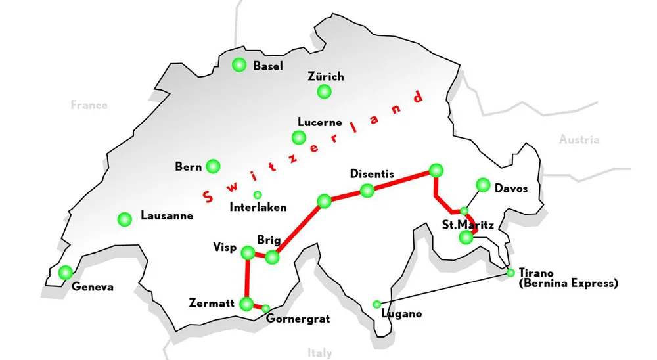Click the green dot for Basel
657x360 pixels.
click(x=239, y=65)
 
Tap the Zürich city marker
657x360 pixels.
click(x=323, y=92)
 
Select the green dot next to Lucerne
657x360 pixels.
click(x=299, y=137)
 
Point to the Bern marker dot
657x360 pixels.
click(x=213, y=166)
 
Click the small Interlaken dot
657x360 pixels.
click(x=258, y=194)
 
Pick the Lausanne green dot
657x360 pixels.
click(x=124, y=219)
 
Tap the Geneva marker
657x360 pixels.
click(x=65, y=272)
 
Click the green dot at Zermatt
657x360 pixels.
click(x=247, y=304)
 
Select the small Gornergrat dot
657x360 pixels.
click(x=266, y=308)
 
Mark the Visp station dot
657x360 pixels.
click(x=248, y=252)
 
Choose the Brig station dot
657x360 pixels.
click(x=271, y=258)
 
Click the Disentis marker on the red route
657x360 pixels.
click(x=367, y=191)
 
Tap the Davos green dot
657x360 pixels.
click(x=483, y=185)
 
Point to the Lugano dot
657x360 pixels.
click(x=376, y=304)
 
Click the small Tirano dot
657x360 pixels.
click(x=511, y=273)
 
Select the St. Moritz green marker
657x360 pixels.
click(x=466, y=237)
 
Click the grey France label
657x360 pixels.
click(x=89, y=105)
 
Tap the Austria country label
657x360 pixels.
click(x=579, y=139)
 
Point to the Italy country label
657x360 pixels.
click(x=320, y=353)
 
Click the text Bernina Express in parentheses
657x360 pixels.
click(x=568, y=284)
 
